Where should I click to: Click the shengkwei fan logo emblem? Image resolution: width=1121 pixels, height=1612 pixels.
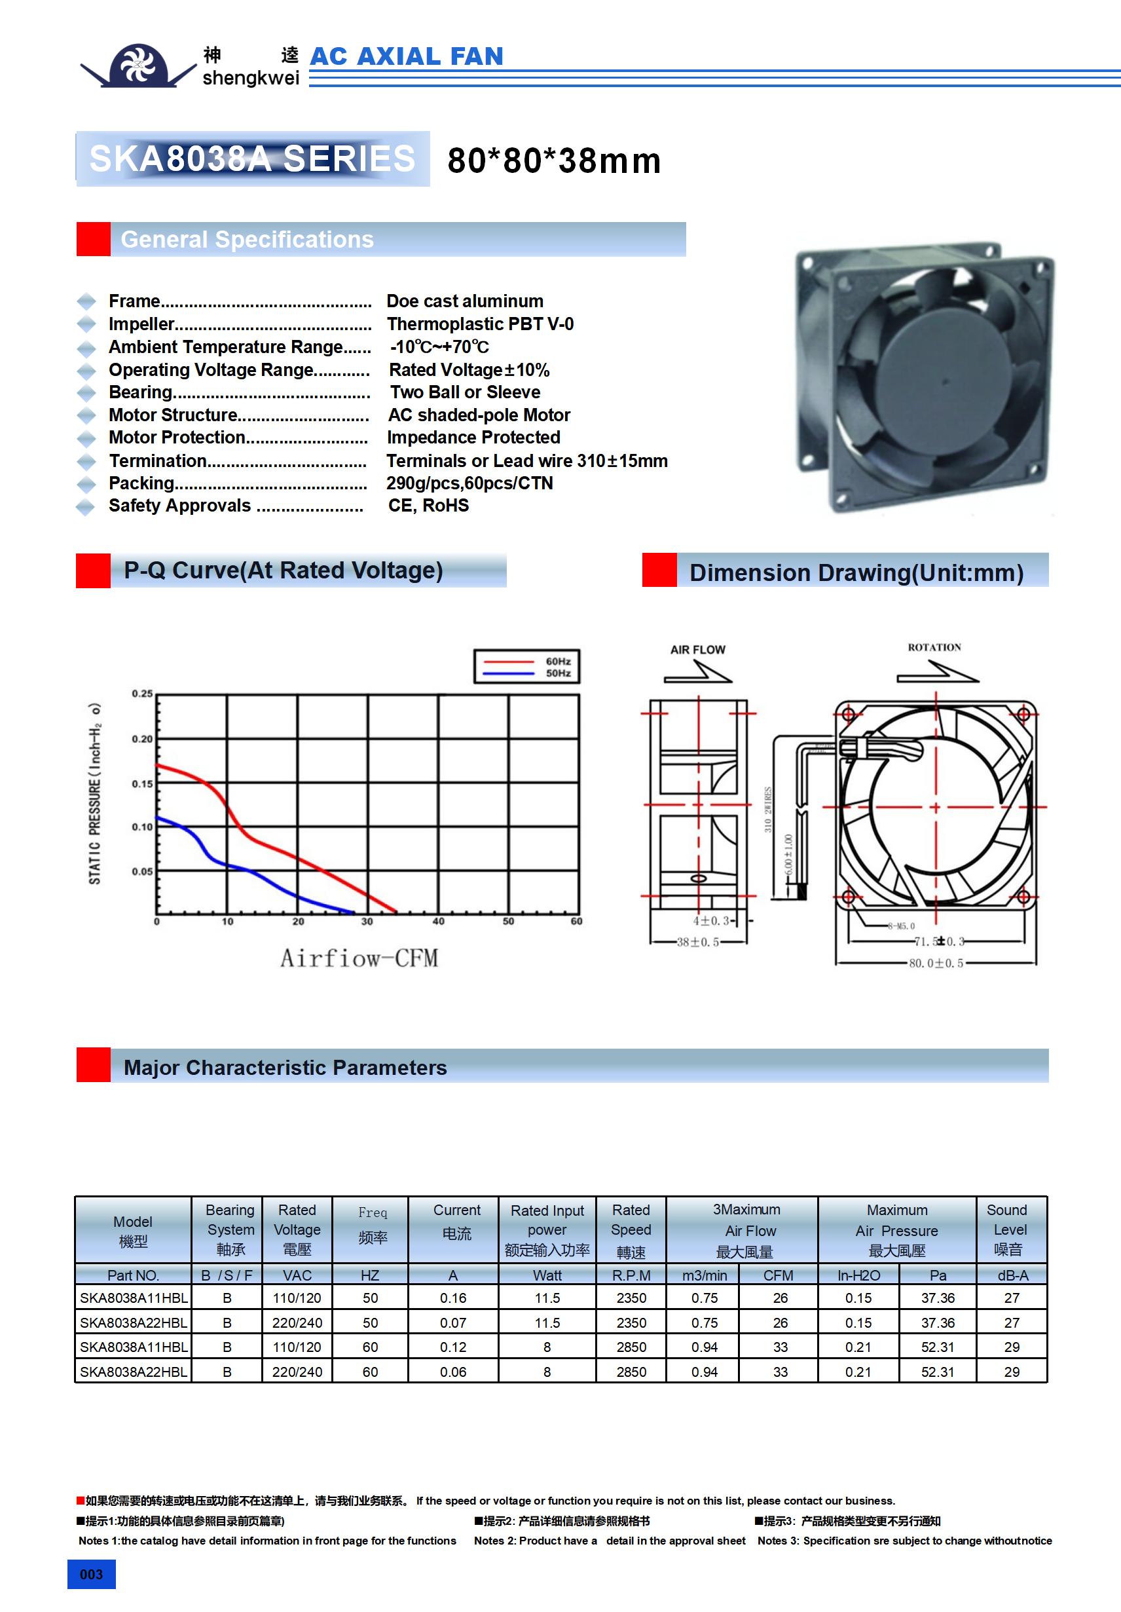click(138, 66)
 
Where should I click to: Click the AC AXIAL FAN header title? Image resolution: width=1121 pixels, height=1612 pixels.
click(407, 56)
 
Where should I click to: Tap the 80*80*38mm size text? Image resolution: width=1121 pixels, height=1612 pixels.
click(554, 160)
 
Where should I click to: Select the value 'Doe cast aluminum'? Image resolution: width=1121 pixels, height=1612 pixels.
click(465, 301)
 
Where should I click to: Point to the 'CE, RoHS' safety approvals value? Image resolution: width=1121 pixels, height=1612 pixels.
click(428, 506)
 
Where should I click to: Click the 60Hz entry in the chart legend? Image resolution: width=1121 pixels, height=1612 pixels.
click(558, 662)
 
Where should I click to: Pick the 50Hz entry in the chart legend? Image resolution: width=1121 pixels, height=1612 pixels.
click(558, 673)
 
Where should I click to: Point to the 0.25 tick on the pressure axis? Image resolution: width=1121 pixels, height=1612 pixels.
click(142, 694)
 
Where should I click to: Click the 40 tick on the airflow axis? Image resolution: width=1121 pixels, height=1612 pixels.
click(438, 921)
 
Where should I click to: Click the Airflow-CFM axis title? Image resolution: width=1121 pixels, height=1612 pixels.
click(359, 958)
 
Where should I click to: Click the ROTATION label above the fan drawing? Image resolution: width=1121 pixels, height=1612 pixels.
click(934, 647)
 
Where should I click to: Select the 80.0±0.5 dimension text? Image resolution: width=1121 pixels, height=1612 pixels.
click(936, 964)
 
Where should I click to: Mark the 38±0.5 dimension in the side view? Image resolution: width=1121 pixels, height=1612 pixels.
click(697, 942)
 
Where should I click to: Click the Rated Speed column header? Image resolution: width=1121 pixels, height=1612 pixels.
click(631, 1230)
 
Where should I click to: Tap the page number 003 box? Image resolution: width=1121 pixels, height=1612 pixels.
click(91, 1574)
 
